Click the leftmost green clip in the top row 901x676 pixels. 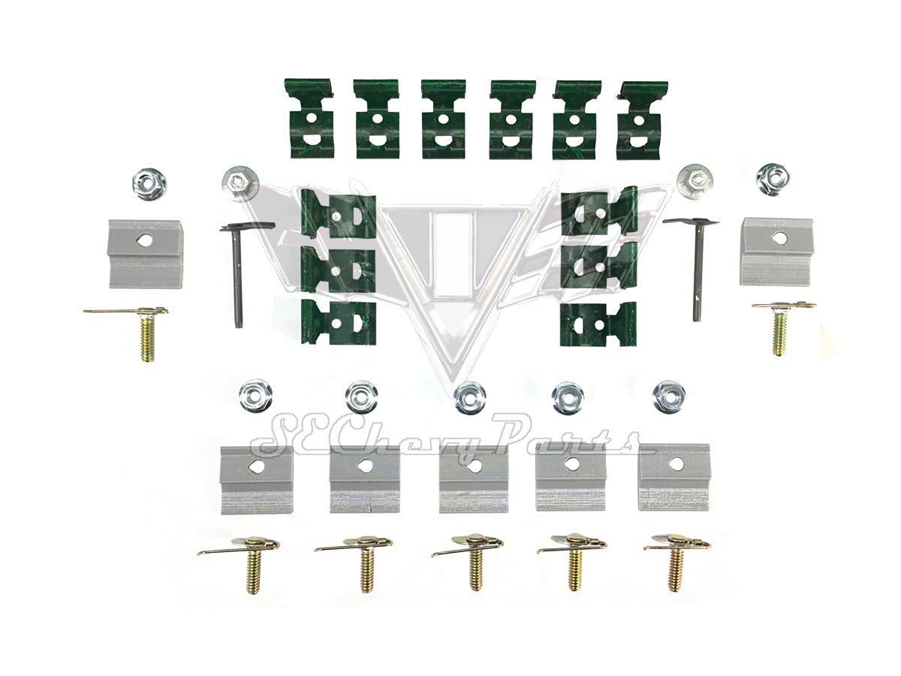(x=309, y=119)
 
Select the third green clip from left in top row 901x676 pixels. (x=444, y=119)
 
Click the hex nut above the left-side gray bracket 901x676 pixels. (x=149, y=184)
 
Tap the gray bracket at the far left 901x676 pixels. (x=145, y=254)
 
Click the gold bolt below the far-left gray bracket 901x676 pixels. (x=146, y=333)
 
